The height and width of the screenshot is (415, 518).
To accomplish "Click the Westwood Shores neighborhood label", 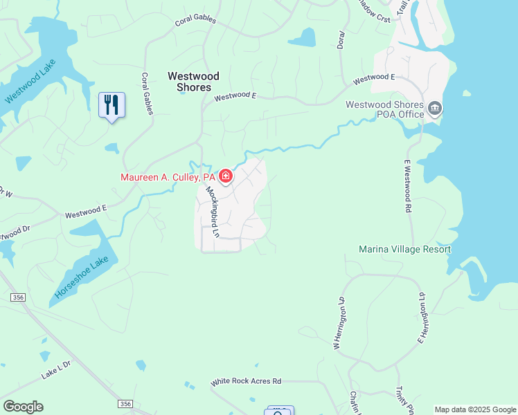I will pyautogui.click(x=193, y=82).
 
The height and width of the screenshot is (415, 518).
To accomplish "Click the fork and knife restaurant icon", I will pyautogui.click(x=111, y=105).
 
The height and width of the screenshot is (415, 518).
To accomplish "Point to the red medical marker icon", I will pyautogui.click(x=226, y=177).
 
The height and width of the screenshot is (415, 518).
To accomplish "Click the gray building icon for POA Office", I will pyautogui.click(x=435, y=108).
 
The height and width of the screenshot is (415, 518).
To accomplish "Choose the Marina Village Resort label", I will pyautogui.click(x=404, y=249).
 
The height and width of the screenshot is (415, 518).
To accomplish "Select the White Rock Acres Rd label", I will pyautogui.click(x=247, y=381).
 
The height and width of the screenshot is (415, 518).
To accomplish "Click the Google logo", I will pyautogui.click(x=23, y=407).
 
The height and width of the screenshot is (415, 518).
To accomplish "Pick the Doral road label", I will pyautogui.click(x=340, y=39).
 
